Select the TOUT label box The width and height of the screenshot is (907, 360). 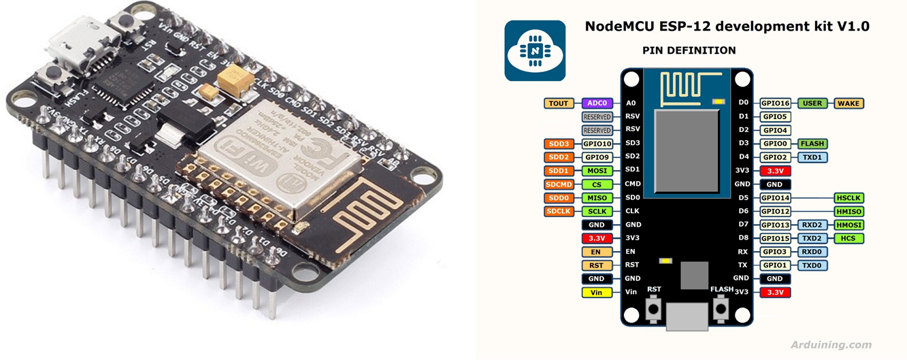[x=559, y=103]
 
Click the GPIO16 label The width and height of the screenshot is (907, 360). [x=775, y=103]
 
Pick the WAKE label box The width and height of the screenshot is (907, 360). [x=848, y=103]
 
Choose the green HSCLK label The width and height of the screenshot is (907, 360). [x=849, y=198]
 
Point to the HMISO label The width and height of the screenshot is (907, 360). [x=849, y=212]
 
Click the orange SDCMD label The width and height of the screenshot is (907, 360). [x=559, y=184]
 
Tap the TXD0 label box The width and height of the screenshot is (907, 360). [x=812, y=265]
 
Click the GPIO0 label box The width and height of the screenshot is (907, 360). [x=775, y=144]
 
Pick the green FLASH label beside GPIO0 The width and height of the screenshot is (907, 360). [x=812, y=144]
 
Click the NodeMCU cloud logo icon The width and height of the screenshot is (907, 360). [x=534, y=51]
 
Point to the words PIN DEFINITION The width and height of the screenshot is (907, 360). [x=689, y=50]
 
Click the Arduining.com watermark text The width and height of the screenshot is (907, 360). [x=830, y=345]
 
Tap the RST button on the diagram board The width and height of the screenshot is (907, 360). [x=654, y=310]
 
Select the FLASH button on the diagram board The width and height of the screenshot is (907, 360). [x=721, y=310]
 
